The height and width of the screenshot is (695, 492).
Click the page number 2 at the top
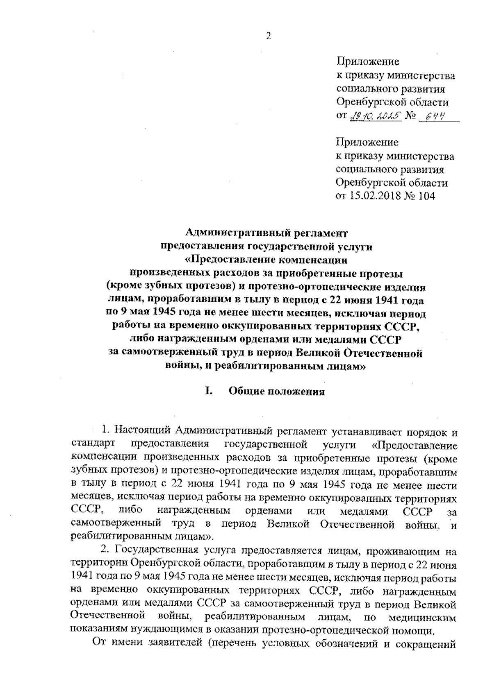click(269, 36)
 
